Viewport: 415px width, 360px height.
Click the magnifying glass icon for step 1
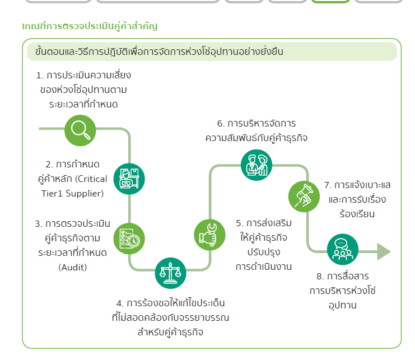click(x=80, y=130)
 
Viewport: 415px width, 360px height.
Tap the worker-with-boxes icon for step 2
click(x=129, y=179)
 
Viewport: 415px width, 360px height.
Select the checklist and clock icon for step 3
click(x=129, y=239)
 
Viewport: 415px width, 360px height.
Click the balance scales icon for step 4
click(x=170, y=273)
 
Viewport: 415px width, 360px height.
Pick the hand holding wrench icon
click(x=209, y=235)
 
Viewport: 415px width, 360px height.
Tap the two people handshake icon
click(x=257, y=165)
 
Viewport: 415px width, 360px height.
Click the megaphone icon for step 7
click(x=304, y=197)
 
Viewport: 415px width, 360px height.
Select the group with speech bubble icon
click(x=343, y=250)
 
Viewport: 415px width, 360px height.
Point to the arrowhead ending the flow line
click(x=384, y=251)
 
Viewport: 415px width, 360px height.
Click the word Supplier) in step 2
click(x=85, y=194)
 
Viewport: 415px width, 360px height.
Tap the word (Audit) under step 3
click(x=72, y=267)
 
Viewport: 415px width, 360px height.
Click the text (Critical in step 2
click(x=91, y=179)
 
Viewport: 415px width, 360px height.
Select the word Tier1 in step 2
click(x=52, y=194)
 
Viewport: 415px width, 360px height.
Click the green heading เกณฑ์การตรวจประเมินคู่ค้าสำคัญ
click(x=90, y=26)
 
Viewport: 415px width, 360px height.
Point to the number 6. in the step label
click(x=221, y=124)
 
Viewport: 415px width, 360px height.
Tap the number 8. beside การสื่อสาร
click(x=320, y=277)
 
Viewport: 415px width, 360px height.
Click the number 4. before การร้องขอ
click(x=120, y=303)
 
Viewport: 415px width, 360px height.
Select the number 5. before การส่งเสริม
click(x=240, y=223)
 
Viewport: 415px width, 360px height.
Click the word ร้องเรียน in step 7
click(x=357, y=213)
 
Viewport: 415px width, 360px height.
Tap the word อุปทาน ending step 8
click(x=343, y=306)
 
